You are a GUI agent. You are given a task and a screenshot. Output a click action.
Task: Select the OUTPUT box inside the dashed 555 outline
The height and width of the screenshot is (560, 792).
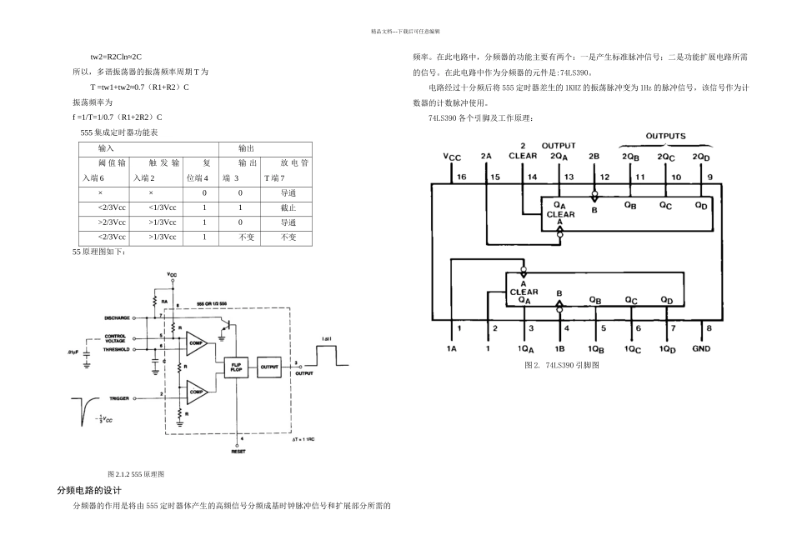point(269,366)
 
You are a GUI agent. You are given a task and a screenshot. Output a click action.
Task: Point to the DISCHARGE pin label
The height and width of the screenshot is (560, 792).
point(117,318)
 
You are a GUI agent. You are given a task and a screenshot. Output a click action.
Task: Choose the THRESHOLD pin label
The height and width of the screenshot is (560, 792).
point(117,350)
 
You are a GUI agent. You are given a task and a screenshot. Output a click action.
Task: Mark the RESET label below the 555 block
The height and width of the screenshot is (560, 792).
point(239,451)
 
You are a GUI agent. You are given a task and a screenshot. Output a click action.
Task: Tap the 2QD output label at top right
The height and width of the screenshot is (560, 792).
point(701,156)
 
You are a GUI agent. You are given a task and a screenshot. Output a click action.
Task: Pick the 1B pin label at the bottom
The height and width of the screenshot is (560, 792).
point(559,348)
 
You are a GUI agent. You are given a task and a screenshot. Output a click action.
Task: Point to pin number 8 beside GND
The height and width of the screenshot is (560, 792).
point(709,328)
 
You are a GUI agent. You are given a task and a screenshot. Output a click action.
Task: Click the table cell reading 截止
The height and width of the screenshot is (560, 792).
point(288,207)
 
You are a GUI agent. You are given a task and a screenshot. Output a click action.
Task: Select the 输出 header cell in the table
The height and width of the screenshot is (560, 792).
point(248,147)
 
